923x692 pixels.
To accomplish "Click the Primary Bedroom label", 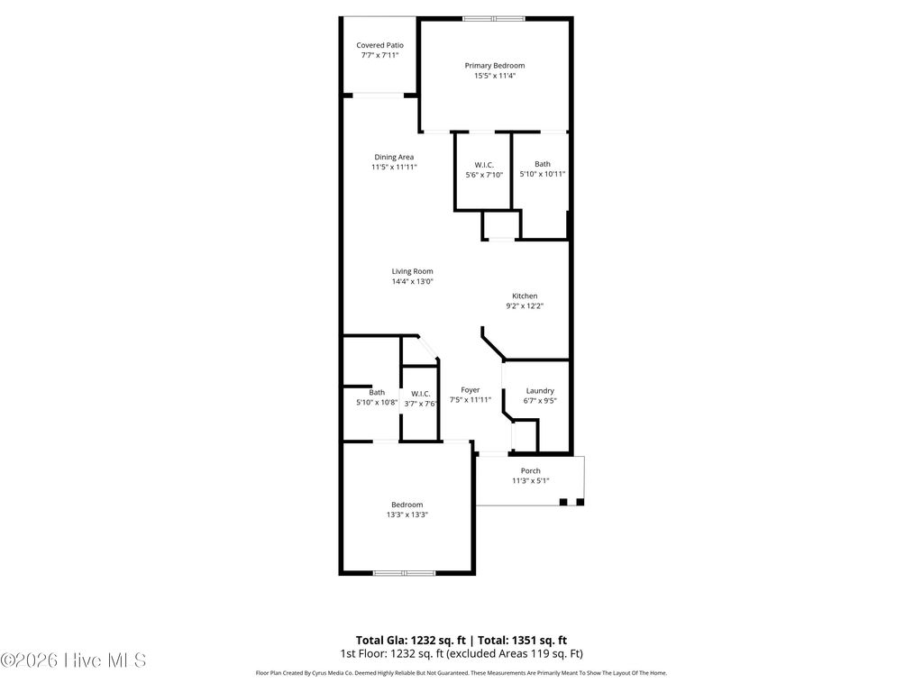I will tap(494, 66).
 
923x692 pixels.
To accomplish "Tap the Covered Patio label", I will tap(379, 45).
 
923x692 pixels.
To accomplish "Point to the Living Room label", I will tap(412, 271).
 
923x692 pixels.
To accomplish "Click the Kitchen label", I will tap(525, 296).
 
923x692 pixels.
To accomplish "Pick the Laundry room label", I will tap(540, 391).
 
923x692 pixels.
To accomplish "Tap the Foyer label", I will tap(471, 390).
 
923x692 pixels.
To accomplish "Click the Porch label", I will tap(531, 470).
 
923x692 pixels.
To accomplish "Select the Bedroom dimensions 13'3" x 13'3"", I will tap(407, 514).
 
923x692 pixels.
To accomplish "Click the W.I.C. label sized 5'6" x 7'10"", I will tap(484, 164).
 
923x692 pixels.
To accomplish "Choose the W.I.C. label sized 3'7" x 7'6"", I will tap(421, 394).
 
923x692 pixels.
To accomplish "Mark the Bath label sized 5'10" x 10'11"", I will tap(542, 164).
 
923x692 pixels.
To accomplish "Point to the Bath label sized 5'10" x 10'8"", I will tap(377, 392).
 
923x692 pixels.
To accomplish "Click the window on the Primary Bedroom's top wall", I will tap(494, 18).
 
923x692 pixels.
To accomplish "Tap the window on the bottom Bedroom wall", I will tap(405, 572).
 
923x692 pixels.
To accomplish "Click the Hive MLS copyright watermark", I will tap(73, 660).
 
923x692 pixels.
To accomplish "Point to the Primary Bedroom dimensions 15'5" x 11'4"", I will tap(494, 77).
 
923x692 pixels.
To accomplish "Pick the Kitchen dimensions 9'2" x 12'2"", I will tap(525, 306).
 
